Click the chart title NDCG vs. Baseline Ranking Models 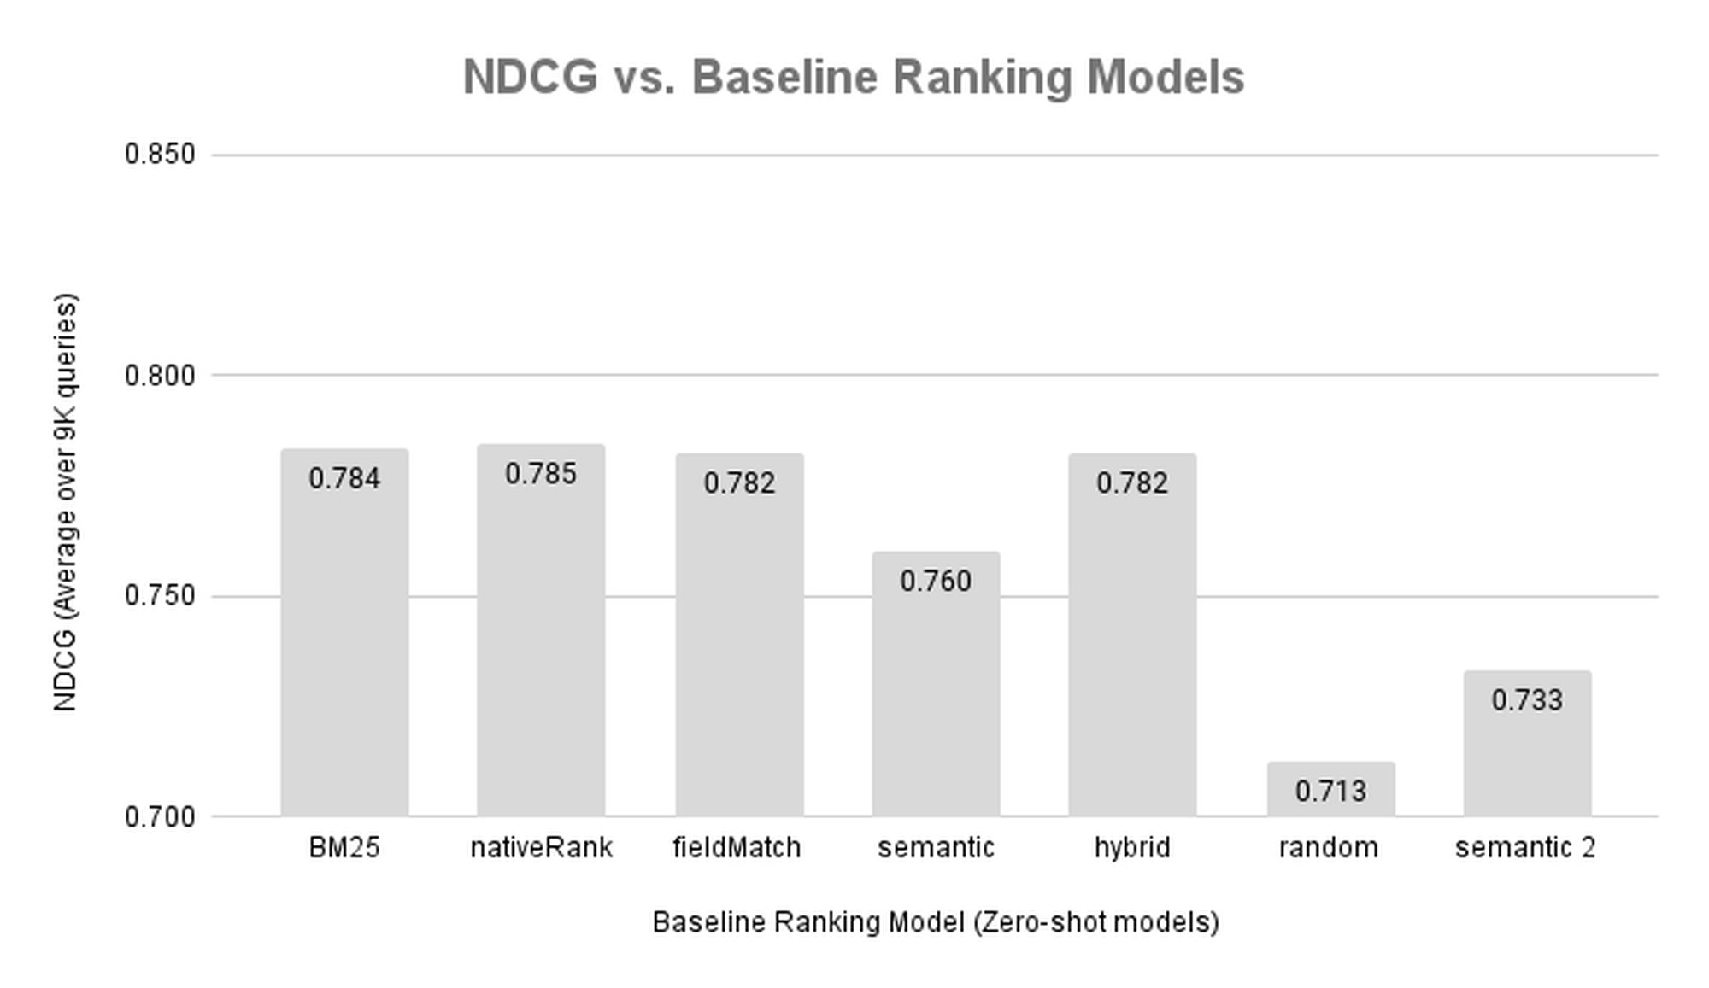pos(853,78)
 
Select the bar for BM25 pos(344,633)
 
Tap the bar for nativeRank pos(541,630)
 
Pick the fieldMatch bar pos(739,635)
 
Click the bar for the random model pos(1330,789)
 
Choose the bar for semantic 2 pos(1527,744)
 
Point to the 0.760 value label pos(936,582)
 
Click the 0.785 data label pos(541,474)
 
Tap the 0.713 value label pos(1330,792)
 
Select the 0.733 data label pos(1527,700)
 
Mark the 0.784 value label pos(344,479)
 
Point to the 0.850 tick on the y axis pos(160,155)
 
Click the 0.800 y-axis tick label pos(160,375)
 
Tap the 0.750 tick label pos(160,596)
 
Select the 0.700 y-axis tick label pos(160,817)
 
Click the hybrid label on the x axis pos(1132,848)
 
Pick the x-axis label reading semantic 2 pos(1525,848)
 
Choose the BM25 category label pos(344,848)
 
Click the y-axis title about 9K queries pos(65,502)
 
